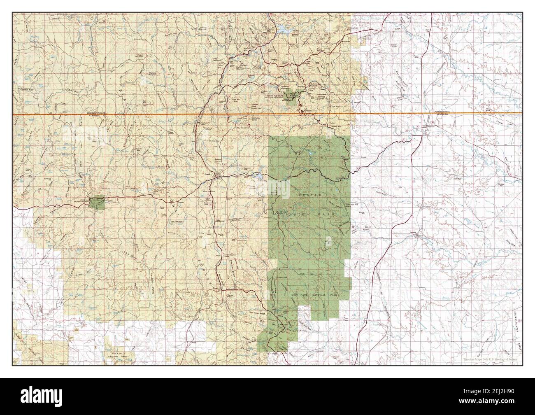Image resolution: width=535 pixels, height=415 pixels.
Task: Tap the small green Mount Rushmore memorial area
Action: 293,97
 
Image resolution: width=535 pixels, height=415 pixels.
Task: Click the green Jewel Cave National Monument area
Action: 99,203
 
